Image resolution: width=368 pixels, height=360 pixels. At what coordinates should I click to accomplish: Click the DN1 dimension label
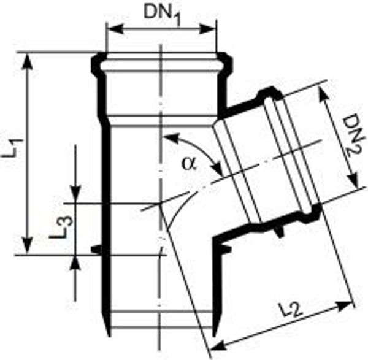tap(163, 14)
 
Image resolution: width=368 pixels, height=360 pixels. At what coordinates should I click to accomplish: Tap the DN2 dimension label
tap(353, 136)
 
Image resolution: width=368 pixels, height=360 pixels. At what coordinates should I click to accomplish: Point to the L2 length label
tap(290, 310)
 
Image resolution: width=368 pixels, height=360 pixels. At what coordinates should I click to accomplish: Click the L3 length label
tap(62, 227)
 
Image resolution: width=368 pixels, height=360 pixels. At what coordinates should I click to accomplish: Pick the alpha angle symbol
tap(190, 163)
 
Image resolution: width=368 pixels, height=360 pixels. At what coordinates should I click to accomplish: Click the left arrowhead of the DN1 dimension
tap(115, 29)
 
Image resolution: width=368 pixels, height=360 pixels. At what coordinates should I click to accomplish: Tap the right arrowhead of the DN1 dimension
tap(207, 29)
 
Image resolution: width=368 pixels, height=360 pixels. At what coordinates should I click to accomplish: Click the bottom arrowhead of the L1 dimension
tap(28, 245)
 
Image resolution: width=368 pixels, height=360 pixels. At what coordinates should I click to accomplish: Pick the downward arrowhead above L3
tap(75, 194)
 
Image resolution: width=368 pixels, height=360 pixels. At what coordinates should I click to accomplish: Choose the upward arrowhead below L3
tap(75, 263)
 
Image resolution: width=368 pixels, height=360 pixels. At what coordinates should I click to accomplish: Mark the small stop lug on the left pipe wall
tap(96, 249)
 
